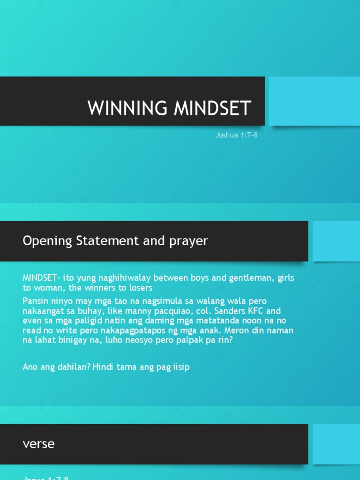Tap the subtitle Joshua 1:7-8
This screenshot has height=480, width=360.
pos(237,135)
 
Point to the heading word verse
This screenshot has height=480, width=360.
pos(39,443)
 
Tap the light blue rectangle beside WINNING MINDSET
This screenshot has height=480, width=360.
pos(315,101)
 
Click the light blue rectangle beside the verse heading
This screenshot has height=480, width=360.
pos(336,444)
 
